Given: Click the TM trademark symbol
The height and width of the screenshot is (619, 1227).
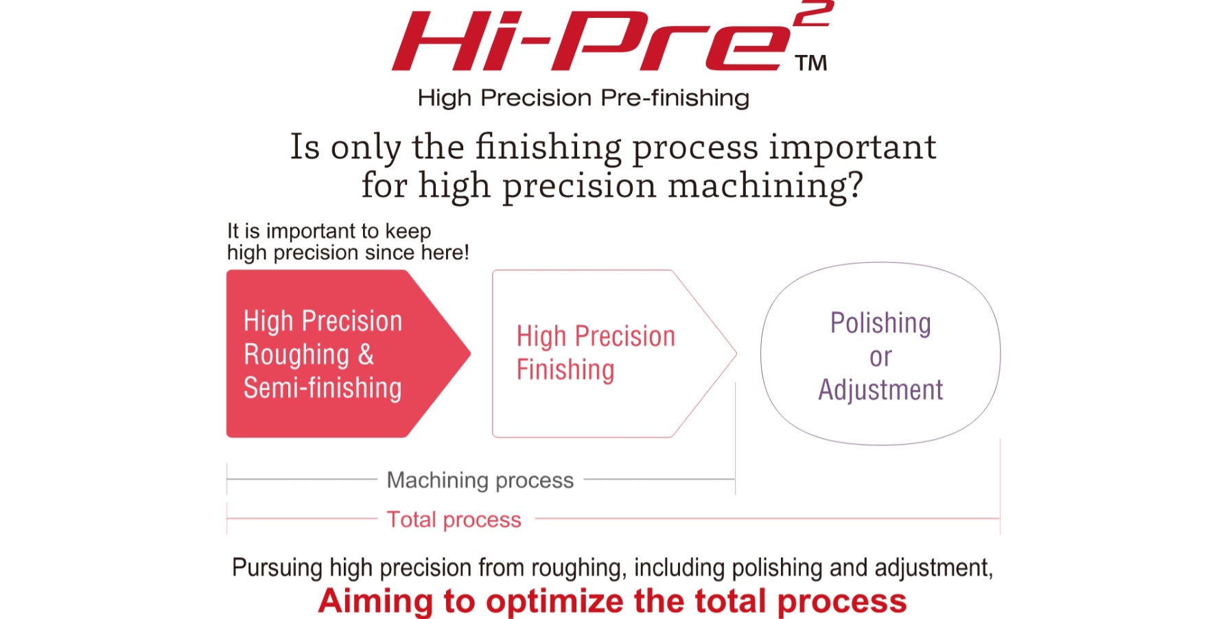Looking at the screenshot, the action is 811,63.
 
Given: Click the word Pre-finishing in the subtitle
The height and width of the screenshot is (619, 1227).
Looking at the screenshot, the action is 675,98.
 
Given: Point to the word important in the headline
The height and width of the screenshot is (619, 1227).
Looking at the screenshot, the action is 852,148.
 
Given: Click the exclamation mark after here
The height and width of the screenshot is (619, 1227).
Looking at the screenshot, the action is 466,252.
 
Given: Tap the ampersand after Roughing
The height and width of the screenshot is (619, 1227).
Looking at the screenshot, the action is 366,355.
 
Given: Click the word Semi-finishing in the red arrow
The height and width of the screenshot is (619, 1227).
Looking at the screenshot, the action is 323,388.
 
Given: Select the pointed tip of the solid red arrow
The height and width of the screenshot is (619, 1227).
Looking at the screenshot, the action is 470,353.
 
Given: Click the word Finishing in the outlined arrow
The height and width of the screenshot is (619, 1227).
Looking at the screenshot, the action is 565,370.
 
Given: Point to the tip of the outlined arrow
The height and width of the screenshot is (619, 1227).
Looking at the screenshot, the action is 736,354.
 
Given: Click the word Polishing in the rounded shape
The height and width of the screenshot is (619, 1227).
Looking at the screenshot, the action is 880,323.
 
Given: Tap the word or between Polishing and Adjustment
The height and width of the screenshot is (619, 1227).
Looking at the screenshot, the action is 880,357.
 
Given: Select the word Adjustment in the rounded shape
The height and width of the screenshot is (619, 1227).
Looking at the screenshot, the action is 880,390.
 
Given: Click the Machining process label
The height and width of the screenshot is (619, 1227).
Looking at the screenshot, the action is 480,480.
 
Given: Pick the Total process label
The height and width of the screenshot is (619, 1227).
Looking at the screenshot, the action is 454,519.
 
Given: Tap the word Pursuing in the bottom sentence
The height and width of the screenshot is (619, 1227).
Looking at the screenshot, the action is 277,568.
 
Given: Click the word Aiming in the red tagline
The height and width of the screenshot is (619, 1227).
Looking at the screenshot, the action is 375,601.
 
